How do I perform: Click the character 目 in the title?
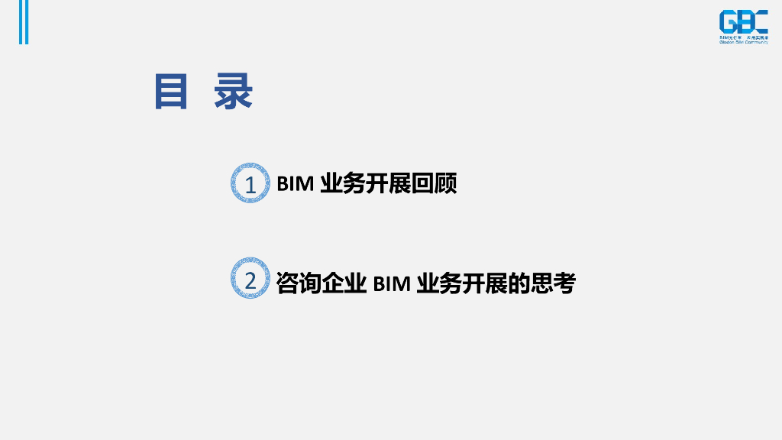[x=171, y=92]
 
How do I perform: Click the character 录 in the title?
[x=233, y=92]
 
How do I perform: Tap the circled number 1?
[x=250, y=185]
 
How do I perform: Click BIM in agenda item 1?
[x=295, y=185]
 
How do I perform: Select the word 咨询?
[x=299, y=283]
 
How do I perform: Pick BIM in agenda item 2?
[x=392, y=283]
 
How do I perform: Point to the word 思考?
[x=553, y=283]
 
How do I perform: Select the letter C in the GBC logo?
[x=760, y=22]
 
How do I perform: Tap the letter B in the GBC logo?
[x=743, y=22]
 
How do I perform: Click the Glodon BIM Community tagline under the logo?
[x=743, y=42]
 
